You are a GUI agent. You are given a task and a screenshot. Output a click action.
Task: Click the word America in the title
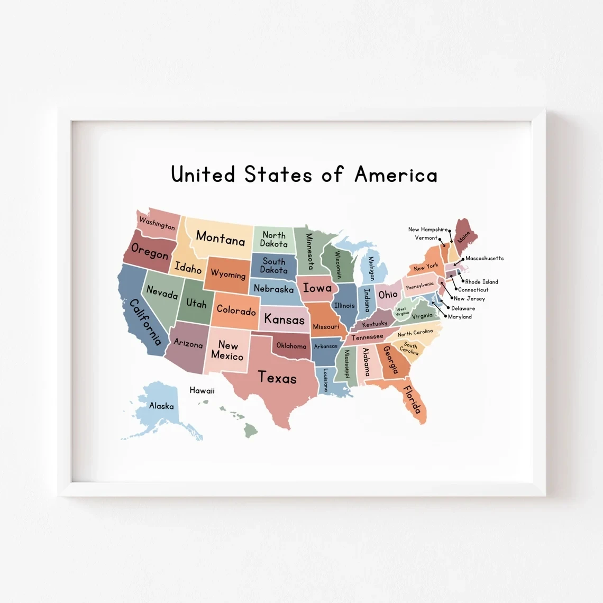[396, 175]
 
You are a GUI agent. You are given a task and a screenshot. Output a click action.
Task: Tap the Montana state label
[221, 239]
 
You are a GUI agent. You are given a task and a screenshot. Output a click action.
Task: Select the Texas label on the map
[277, 378]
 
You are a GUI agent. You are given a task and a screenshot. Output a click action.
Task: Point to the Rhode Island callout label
[481, 282]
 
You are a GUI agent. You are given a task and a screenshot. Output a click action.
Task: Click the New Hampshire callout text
[427, 230]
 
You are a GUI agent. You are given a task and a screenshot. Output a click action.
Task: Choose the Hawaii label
[202, 390]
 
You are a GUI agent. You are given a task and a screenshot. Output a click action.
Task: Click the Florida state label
[413, 400]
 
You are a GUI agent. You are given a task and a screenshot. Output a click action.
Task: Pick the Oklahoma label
[291, 346]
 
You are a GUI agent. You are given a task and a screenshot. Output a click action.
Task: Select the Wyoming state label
[228, 274]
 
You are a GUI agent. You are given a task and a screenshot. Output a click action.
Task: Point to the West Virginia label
[401, 310]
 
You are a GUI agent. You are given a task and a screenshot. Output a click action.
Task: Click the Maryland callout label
[460, 317]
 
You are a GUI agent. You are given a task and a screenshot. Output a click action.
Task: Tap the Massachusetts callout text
[484, 259]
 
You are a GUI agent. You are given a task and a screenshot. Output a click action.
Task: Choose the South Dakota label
[274, 266]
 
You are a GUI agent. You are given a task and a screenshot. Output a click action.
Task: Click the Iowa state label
[317, 288]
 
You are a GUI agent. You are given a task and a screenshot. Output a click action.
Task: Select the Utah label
[196, 304]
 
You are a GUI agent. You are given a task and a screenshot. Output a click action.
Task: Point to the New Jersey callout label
[469, 299]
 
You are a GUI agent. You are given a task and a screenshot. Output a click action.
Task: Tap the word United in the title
[203, 175]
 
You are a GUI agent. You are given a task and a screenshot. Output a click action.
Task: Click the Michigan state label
[371, 268]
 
